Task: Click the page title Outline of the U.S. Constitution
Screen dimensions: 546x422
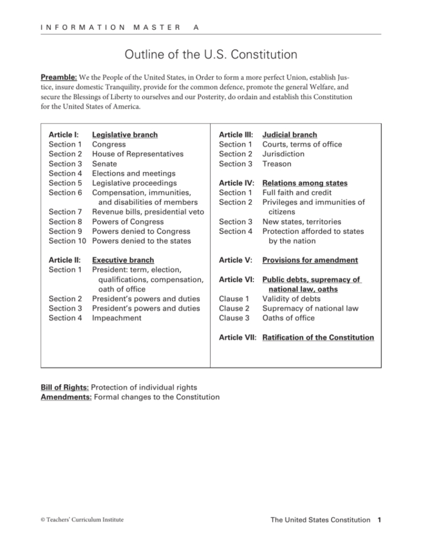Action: point(211,55)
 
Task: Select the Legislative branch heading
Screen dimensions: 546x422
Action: point(125,135)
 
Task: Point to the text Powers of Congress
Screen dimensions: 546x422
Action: point(128,222)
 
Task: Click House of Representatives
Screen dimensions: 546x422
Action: point(137,154)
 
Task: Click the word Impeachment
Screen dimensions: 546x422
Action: point(118,318)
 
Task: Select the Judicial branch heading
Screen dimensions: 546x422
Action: point(290,135)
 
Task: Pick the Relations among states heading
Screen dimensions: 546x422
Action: point(305,183)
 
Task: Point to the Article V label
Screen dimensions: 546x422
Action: point(234,260)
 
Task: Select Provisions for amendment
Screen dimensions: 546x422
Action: point(310,260)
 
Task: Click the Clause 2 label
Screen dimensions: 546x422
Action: point(234,308)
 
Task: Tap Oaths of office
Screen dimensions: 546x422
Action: point(288,318)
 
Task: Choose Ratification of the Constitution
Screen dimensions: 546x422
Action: point(318,338)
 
